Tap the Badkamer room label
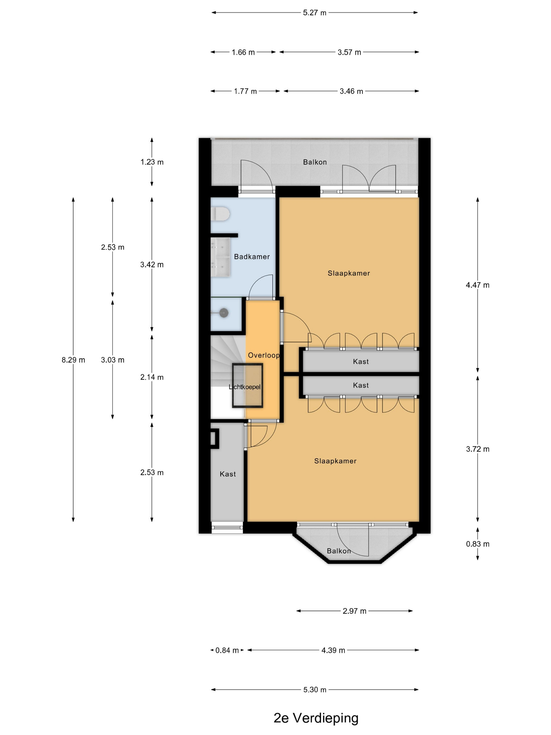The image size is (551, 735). click(x=252, y=256)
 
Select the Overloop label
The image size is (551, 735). click(x=264, y=355)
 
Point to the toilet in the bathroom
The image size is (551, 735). click(x=220, y=214)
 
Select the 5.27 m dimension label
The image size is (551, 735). click(x=315, y=13)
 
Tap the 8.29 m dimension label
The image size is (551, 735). click(x=73, y=360)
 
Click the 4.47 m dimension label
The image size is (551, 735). click(x=478, y=285)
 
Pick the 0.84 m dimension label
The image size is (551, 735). click(x=227, y=650)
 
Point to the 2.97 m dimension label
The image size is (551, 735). click(x=354, y=611)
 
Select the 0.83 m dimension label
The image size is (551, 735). click(x=478, y=544)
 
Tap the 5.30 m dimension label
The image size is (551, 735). click(x=315, y=690)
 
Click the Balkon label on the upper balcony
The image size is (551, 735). click(x=315, y=162)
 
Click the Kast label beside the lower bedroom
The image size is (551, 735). click(x=228, y=474)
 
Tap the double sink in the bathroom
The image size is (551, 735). click(x=221, y=257)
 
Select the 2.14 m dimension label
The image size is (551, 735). click(x=152, y=377)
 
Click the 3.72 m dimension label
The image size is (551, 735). click(x=478, y=449)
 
